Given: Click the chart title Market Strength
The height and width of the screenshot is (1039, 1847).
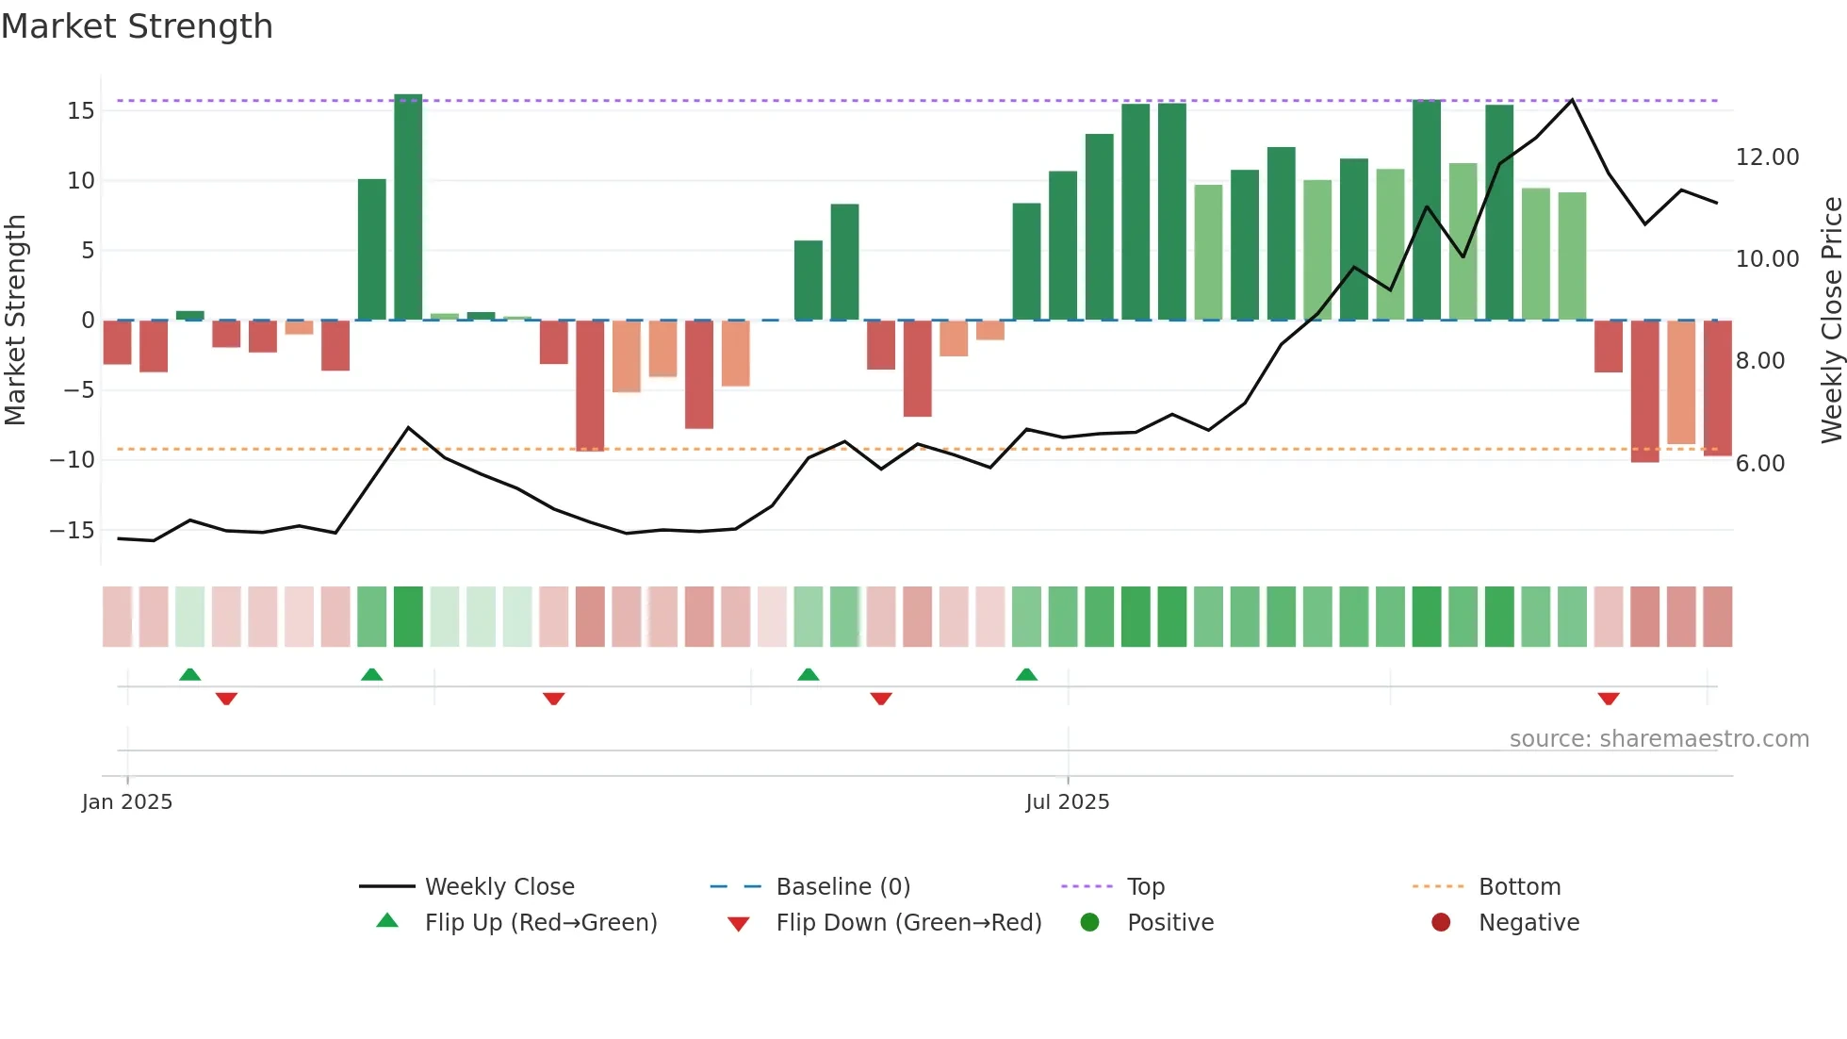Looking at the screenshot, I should [137, 26].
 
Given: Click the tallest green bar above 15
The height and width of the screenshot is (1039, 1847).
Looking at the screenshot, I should [408, 207].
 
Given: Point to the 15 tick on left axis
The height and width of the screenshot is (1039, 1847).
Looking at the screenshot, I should [81, 110].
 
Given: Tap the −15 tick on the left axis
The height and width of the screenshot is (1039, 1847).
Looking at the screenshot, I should [73, 530].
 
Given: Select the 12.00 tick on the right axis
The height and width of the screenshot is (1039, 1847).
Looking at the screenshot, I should [1767, 157].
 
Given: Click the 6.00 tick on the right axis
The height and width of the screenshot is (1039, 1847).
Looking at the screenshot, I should [1759, 463].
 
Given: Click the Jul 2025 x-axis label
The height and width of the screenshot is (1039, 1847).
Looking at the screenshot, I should [1067, 801].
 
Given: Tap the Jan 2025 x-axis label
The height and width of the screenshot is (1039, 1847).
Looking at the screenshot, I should [127, 801].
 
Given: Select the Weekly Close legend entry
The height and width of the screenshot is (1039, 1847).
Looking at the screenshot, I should [499, 886].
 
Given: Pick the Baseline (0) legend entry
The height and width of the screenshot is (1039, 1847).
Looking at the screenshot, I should [842, 886].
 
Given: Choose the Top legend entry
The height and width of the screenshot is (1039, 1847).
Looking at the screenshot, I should [1145, 886].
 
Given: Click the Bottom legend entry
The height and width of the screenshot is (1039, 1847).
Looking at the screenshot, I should [1519, 886].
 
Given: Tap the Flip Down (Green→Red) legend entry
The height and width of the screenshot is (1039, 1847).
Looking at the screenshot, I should [908, 922].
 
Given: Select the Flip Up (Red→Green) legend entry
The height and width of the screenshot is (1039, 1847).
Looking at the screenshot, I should [540, 922].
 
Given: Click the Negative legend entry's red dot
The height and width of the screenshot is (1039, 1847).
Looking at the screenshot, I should [1441, 922].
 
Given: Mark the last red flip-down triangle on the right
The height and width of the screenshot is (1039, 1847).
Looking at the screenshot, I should [1609, 699].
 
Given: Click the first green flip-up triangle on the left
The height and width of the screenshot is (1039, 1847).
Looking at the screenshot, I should [189, 674].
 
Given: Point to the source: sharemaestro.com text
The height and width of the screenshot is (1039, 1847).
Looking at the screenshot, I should [1659, 738].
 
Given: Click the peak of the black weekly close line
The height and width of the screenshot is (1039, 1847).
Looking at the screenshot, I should [1572, 100].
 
